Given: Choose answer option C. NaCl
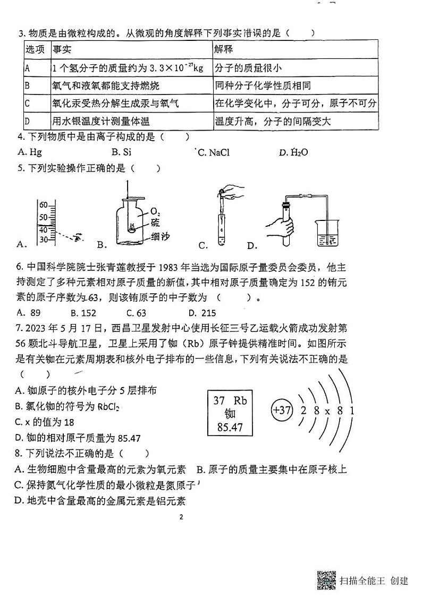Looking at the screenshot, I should click(213, 152).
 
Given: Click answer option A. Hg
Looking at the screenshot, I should click(30, 152).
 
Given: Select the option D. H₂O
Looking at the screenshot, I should click(293, 152).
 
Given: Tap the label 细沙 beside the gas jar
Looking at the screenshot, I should click(160, 236).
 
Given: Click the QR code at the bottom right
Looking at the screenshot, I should click(326, 580).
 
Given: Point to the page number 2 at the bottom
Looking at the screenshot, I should click(181, 517).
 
